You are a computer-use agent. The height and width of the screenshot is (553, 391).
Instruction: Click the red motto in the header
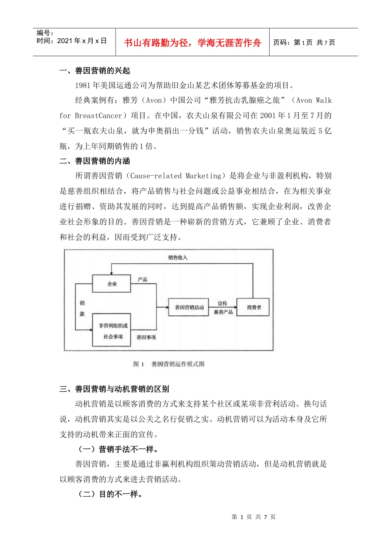point(192,43)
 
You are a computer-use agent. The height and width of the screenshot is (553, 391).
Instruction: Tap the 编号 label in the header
point(45,33)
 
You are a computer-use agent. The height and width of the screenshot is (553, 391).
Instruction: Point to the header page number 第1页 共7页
point(304,42)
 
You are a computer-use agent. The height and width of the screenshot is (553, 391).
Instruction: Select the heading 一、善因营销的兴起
point(95,71)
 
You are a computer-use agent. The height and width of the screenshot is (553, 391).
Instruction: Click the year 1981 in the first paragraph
point(83,86)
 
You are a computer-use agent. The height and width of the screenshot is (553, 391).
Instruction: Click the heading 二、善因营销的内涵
point(95,161)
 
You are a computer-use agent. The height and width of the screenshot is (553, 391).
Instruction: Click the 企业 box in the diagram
point(112,284)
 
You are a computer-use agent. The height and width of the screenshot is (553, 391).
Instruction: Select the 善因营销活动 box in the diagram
point(189,307)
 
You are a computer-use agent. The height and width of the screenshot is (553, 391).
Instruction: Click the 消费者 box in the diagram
point(254,307)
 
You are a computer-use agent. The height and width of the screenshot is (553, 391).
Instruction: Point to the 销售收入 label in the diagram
point(177,258)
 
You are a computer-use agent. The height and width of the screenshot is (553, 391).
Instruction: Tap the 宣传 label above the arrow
point(222,303)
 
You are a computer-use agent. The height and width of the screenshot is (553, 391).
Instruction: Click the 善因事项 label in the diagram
point(146,337)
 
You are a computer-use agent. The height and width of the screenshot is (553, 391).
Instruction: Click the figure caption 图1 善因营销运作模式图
point(169,364)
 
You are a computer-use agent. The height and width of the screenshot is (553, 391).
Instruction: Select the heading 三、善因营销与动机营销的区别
point(114,389)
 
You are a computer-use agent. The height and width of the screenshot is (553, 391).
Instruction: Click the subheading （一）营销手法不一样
point(118,449)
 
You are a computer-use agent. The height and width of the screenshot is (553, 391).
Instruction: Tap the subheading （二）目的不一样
point(110,494)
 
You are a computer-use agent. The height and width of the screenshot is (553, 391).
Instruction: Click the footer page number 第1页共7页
point(254,517)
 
